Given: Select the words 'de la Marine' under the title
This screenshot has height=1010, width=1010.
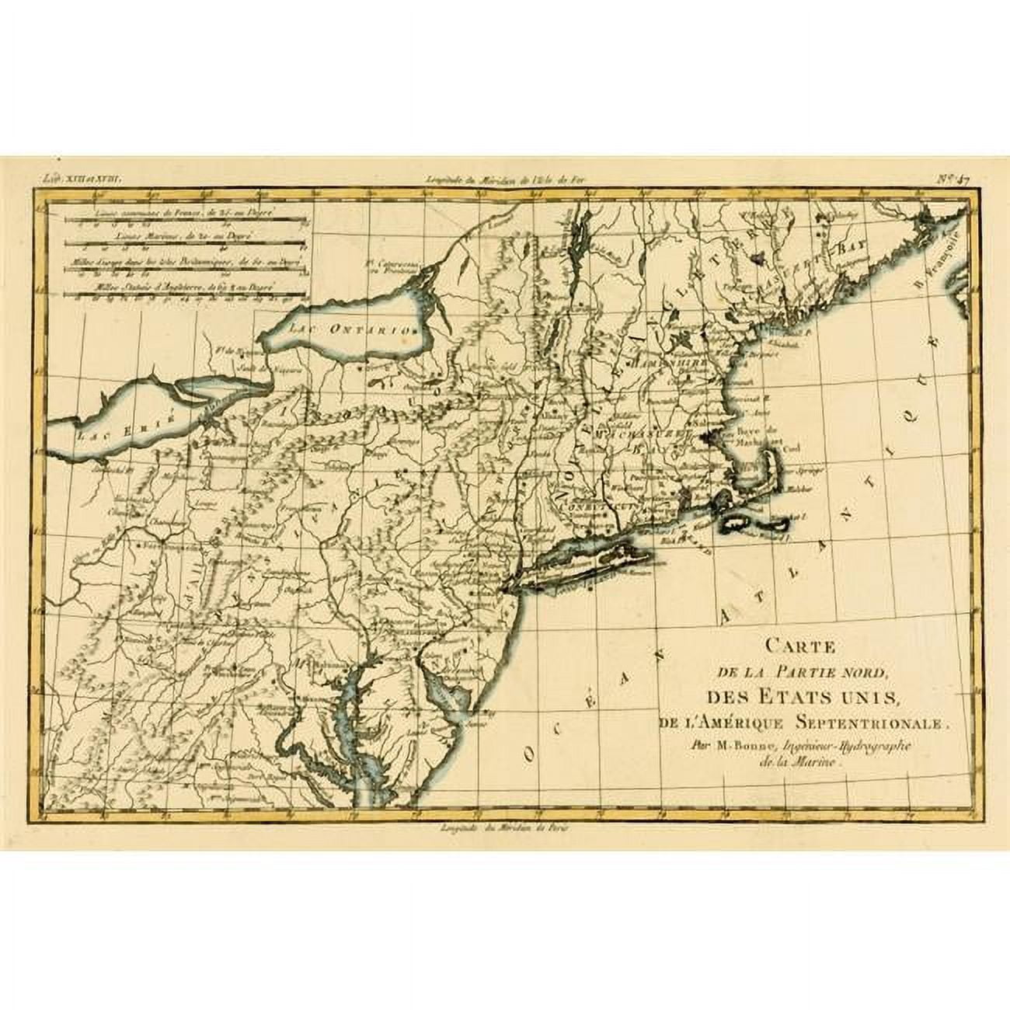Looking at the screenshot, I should (x=800, y=762).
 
